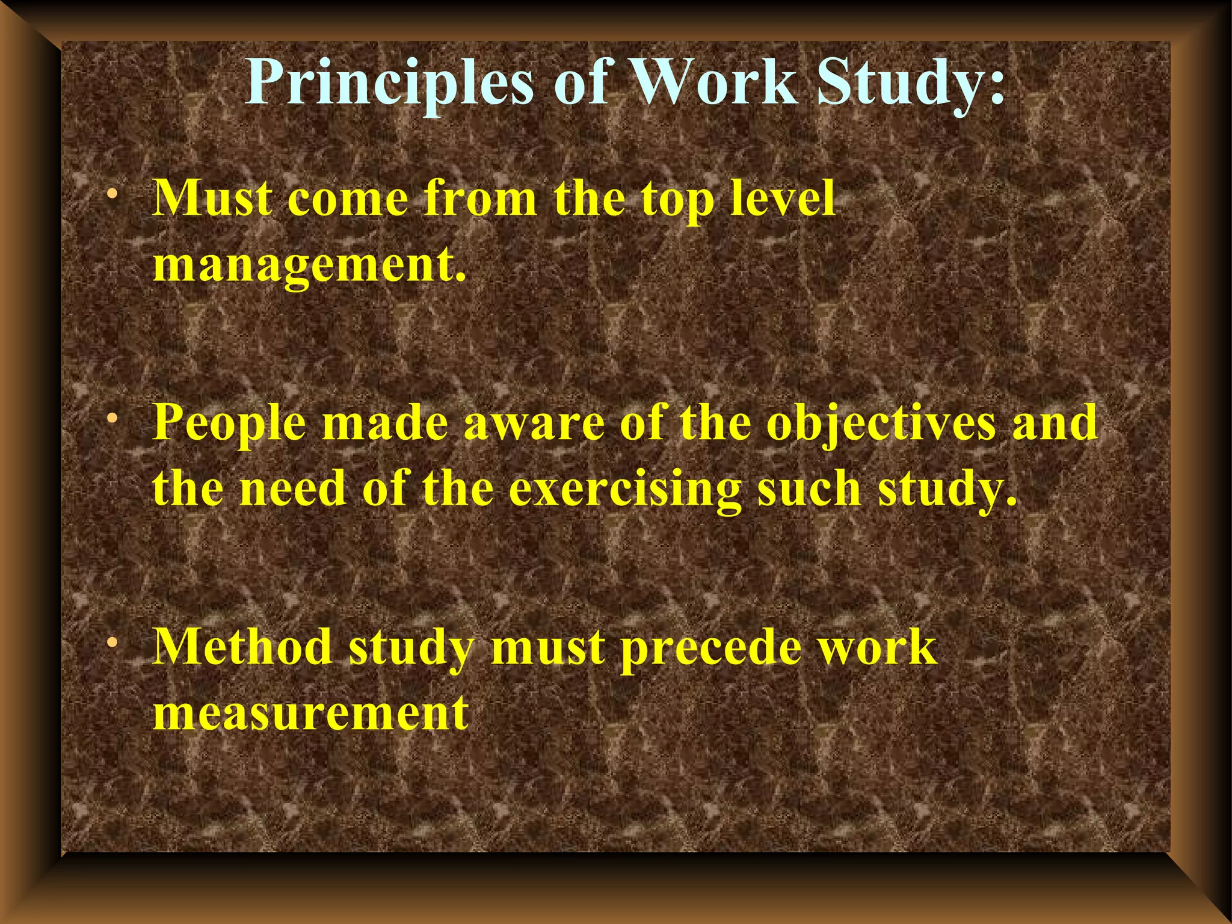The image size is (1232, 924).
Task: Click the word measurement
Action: pos(310,713)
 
